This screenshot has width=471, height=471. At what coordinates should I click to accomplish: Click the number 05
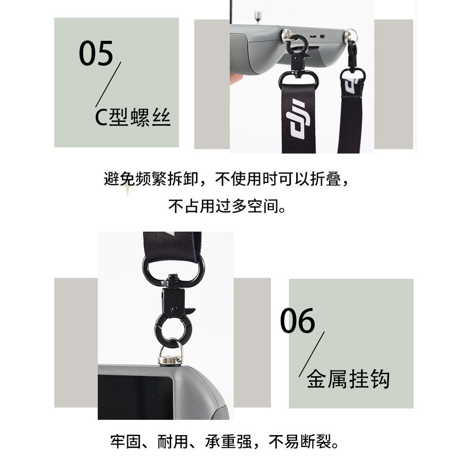click(96, 53)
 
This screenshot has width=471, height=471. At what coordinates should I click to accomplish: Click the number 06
click(298, 320)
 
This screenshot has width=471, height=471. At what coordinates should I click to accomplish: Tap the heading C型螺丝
click(132, 117)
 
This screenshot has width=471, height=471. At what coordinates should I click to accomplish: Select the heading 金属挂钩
click(348, 379)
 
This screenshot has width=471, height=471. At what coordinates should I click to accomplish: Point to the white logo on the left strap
click(298, 119)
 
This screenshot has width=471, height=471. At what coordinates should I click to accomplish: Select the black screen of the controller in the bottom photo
click(135, 397)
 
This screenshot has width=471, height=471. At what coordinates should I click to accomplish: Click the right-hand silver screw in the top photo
click(351, 35)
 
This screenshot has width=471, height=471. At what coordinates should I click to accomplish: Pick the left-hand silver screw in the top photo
click(287, 35)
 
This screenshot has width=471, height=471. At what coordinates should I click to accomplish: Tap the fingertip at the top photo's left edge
click(236, 79)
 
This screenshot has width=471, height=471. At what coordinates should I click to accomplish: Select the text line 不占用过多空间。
click(227, 207)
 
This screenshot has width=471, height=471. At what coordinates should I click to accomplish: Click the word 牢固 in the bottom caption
click(126, 442)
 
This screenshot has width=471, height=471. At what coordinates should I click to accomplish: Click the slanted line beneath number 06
click(312, 354)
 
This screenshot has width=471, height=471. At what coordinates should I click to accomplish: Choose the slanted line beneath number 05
click(108, 85)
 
